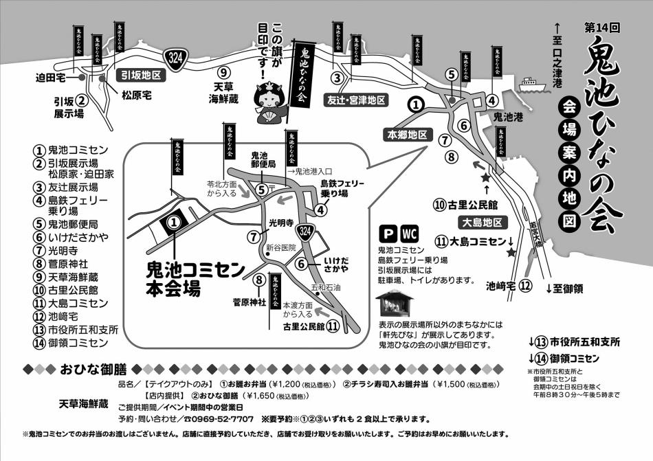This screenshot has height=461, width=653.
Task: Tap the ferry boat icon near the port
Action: (528, 85)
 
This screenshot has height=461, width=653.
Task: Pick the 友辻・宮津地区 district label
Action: (355, 100)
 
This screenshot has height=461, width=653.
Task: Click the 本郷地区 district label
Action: (408, 134)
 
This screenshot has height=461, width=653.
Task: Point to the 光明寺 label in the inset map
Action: (281, 223)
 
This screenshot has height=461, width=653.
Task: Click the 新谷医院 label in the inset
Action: (280, 247)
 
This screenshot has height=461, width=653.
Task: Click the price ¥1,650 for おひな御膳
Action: (255, 396)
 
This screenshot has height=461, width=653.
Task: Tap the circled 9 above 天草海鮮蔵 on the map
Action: (223, 73)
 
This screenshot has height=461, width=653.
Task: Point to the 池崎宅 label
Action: (501, 286)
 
